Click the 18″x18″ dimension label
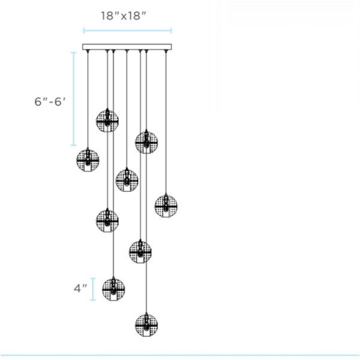click(123, 16)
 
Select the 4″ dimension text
click(80, 288)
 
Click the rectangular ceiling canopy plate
click(127, 47)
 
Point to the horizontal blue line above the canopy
click(127, 30)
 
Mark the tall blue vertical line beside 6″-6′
click(74, 99)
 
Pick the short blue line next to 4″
click(93, 288)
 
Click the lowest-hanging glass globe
click(146, 324)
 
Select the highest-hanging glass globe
click(107, 120)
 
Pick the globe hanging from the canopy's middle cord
click(127, 179)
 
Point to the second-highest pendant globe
click(146, 142)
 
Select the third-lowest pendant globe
click(140, 251)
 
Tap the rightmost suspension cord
click(165, 120)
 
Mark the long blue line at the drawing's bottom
click(180, 355)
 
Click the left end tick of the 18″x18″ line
click(83, 30)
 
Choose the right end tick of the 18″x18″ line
click(172, 30)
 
